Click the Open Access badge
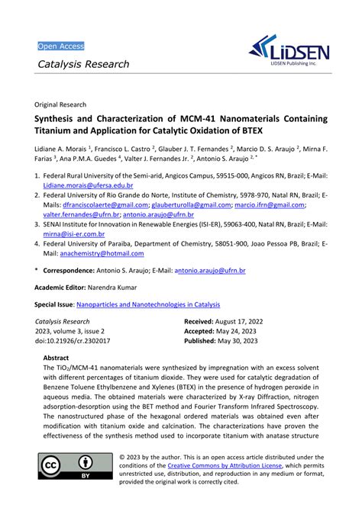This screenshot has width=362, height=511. (x=61, y=47)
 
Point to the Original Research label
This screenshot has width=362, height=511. (x=60, y=104)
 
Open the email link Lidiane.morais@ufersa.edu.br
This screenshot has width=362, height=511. (x=88, y=185)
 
